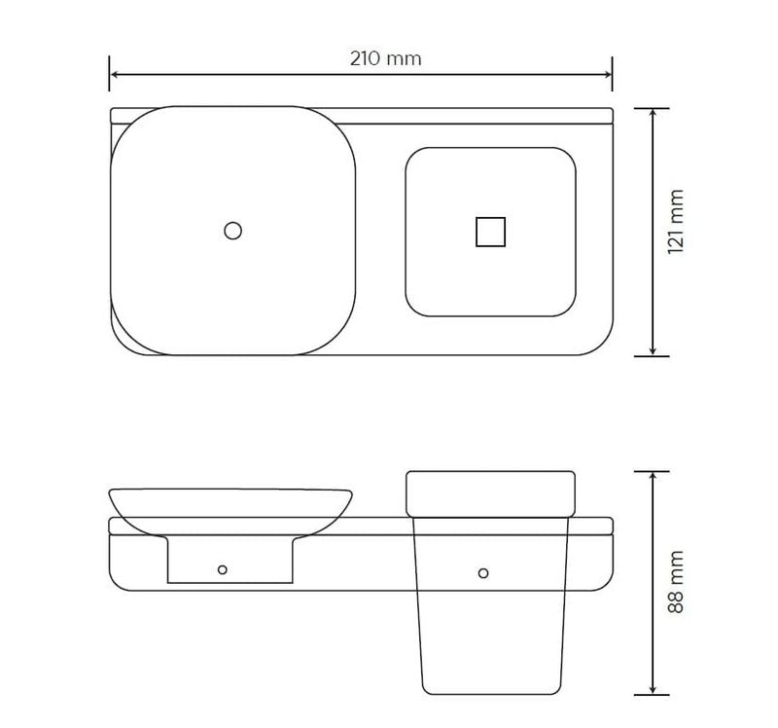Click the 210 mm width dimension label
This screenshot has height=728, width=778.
point(385,58)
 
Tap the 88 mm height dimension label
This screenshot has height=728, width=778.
point(678,581)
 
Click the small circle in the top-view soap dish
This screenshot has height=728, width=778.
point(232,231)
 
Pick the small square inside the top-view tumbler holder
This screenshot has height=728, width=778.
point(490,232)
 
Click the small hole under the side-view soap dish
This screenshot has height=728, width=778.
point(223,569)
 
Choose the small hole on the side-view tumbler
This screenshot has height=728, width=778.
point(483,572)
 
